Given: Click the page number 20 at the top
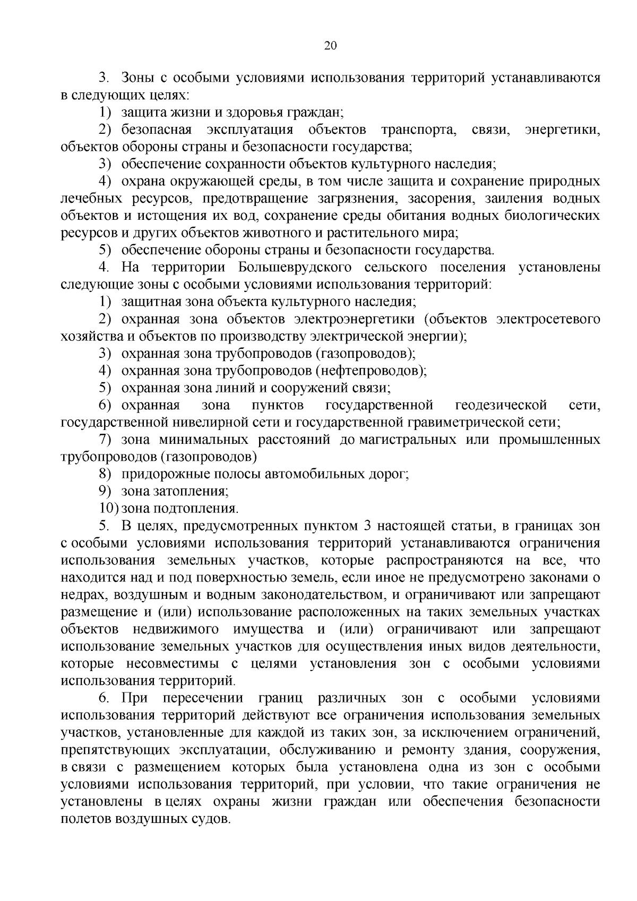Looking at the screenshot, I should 330,46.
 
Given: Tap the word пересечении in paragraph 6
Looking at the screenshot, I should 203,698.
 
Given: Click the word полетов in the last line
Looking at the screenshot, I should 85,819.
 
